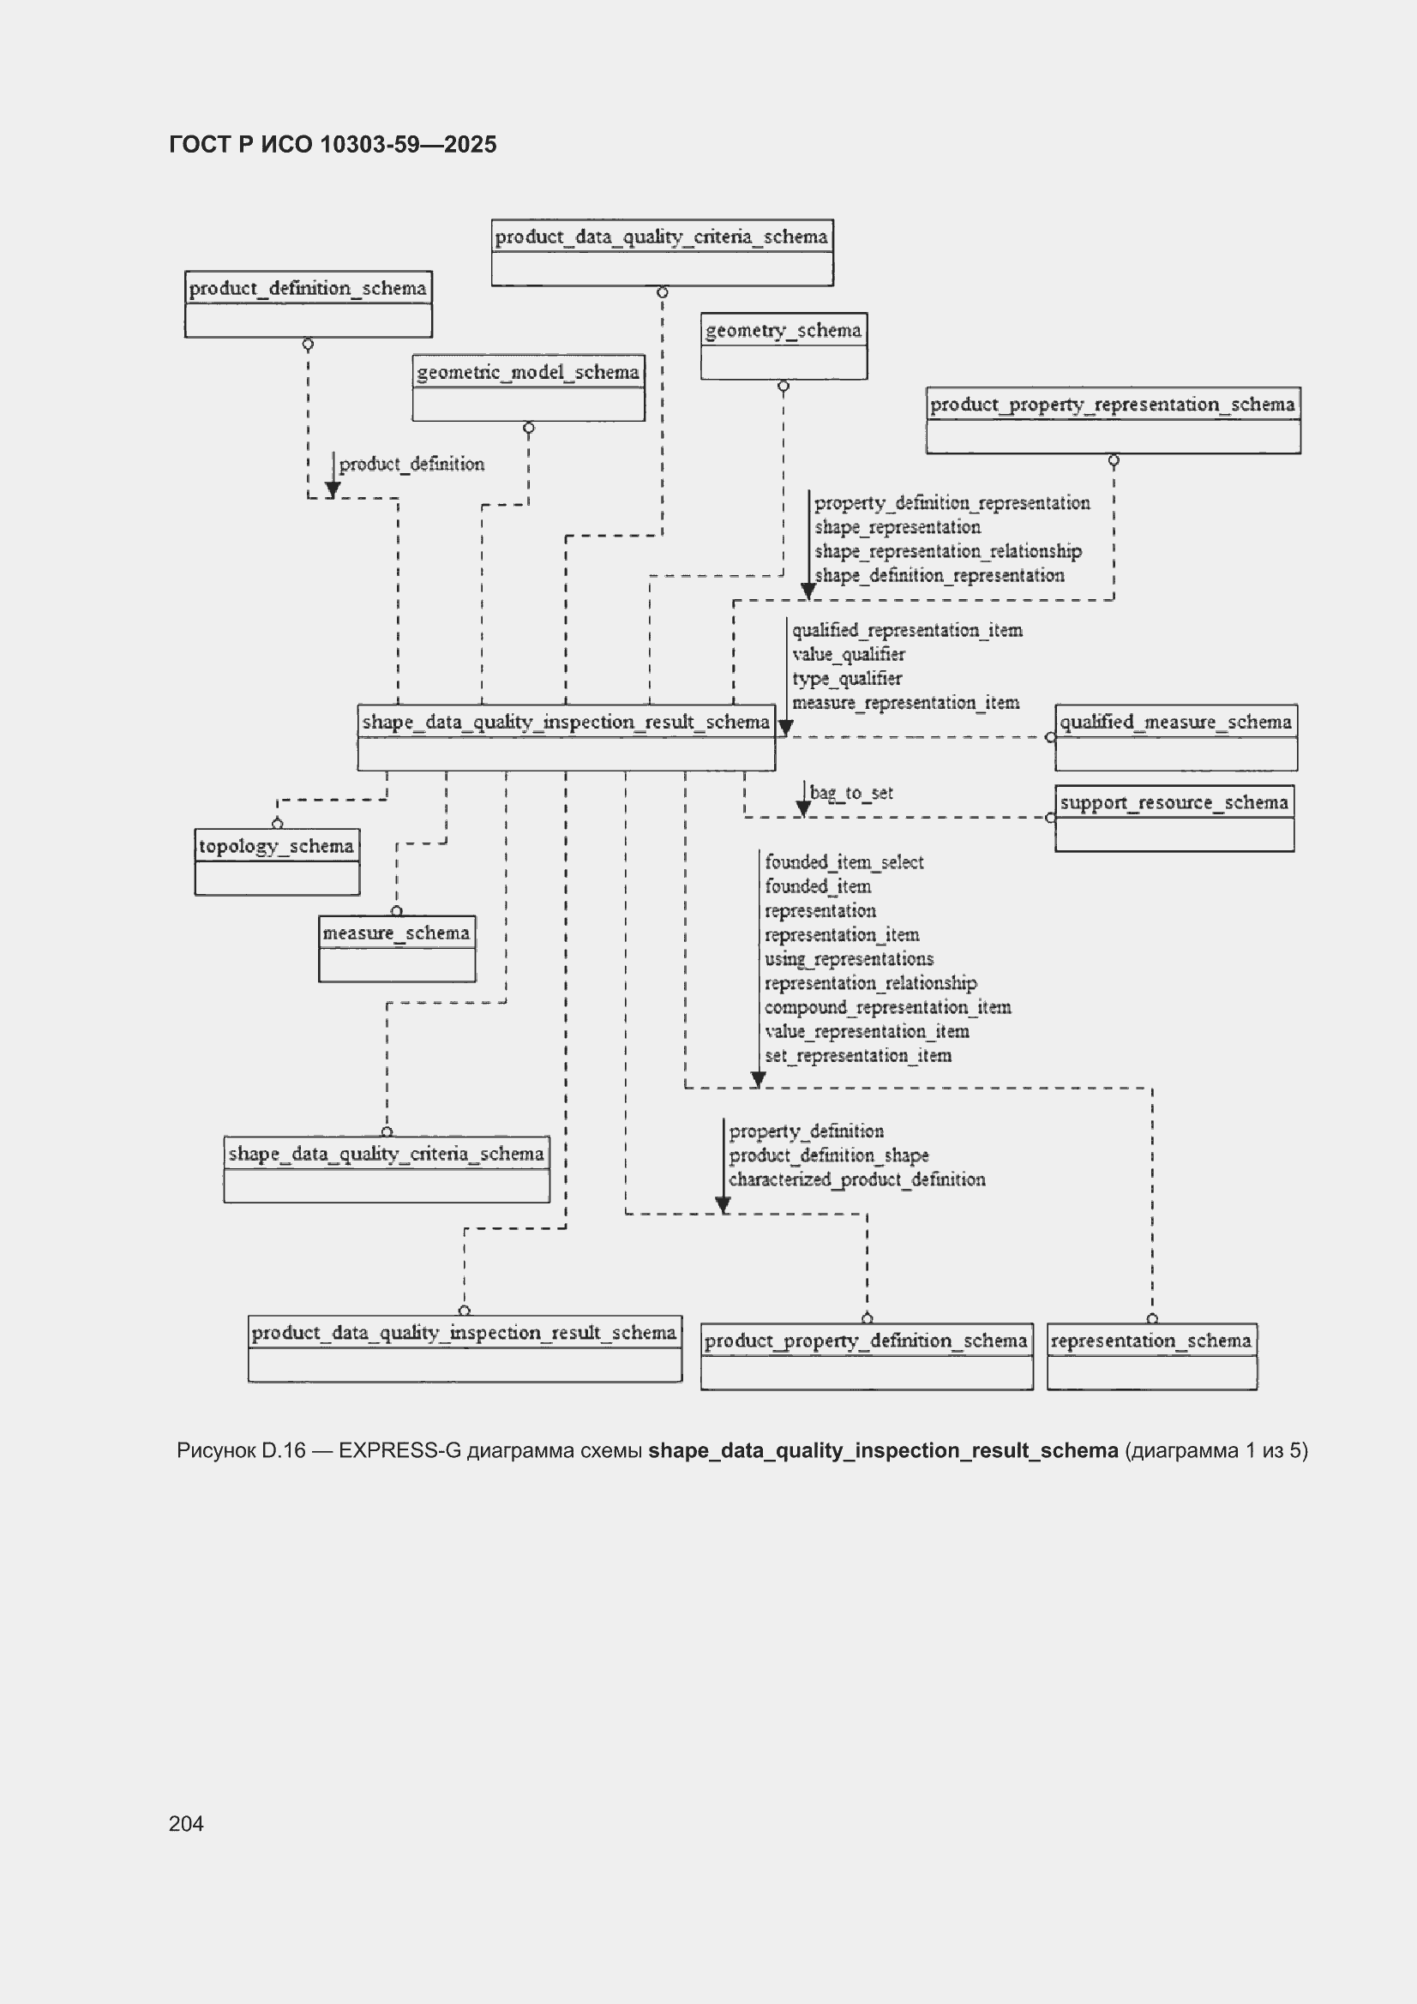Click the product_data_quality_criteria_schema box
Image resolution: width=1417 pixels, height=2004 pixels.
662,252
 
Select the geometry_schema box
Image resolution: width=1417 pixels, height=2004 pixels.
784,345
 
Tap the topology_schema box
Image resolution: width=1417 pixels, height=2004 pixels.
277,861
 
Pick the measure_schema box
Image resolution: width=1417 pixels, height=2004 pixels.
397,949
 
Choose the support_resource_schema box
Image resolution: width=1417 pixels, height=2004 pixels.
1174,819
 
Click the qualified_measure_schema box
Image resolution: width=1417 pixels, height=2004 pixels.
1176,737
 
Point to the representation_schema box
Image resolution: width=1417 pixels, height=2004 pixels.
1152,1356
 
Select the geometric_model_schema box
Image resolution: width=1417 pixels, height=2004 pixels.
528,387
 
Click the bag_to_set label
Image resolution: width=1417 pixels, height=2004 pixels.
851,793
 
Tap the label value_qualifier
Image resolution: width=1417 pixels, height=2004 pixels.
849,655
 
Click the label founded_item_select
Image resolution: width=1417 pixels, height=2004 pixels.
844,862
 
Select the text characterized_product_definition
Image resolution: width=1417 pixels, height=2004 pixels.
857,1180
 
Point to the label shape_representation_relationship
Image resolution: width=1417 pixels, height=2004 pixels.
948,552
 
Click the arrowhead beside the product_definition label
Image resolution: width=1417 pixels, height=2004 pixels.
333,490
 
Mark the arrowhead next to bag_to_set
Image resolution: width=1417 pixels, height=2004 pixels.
803,809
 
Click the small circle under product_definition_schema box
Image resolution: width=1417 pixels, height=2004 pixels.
309,345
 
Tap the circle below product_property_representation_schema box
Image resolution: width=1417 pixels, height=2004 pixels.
1114,461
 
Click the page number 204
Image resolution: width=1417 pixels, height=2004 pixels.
186,1823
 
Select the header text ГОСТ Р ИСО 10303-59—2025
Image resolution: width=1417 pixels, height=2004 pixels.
333,144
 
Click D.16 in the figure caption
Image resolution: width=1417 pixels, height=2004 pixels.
284,1450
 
